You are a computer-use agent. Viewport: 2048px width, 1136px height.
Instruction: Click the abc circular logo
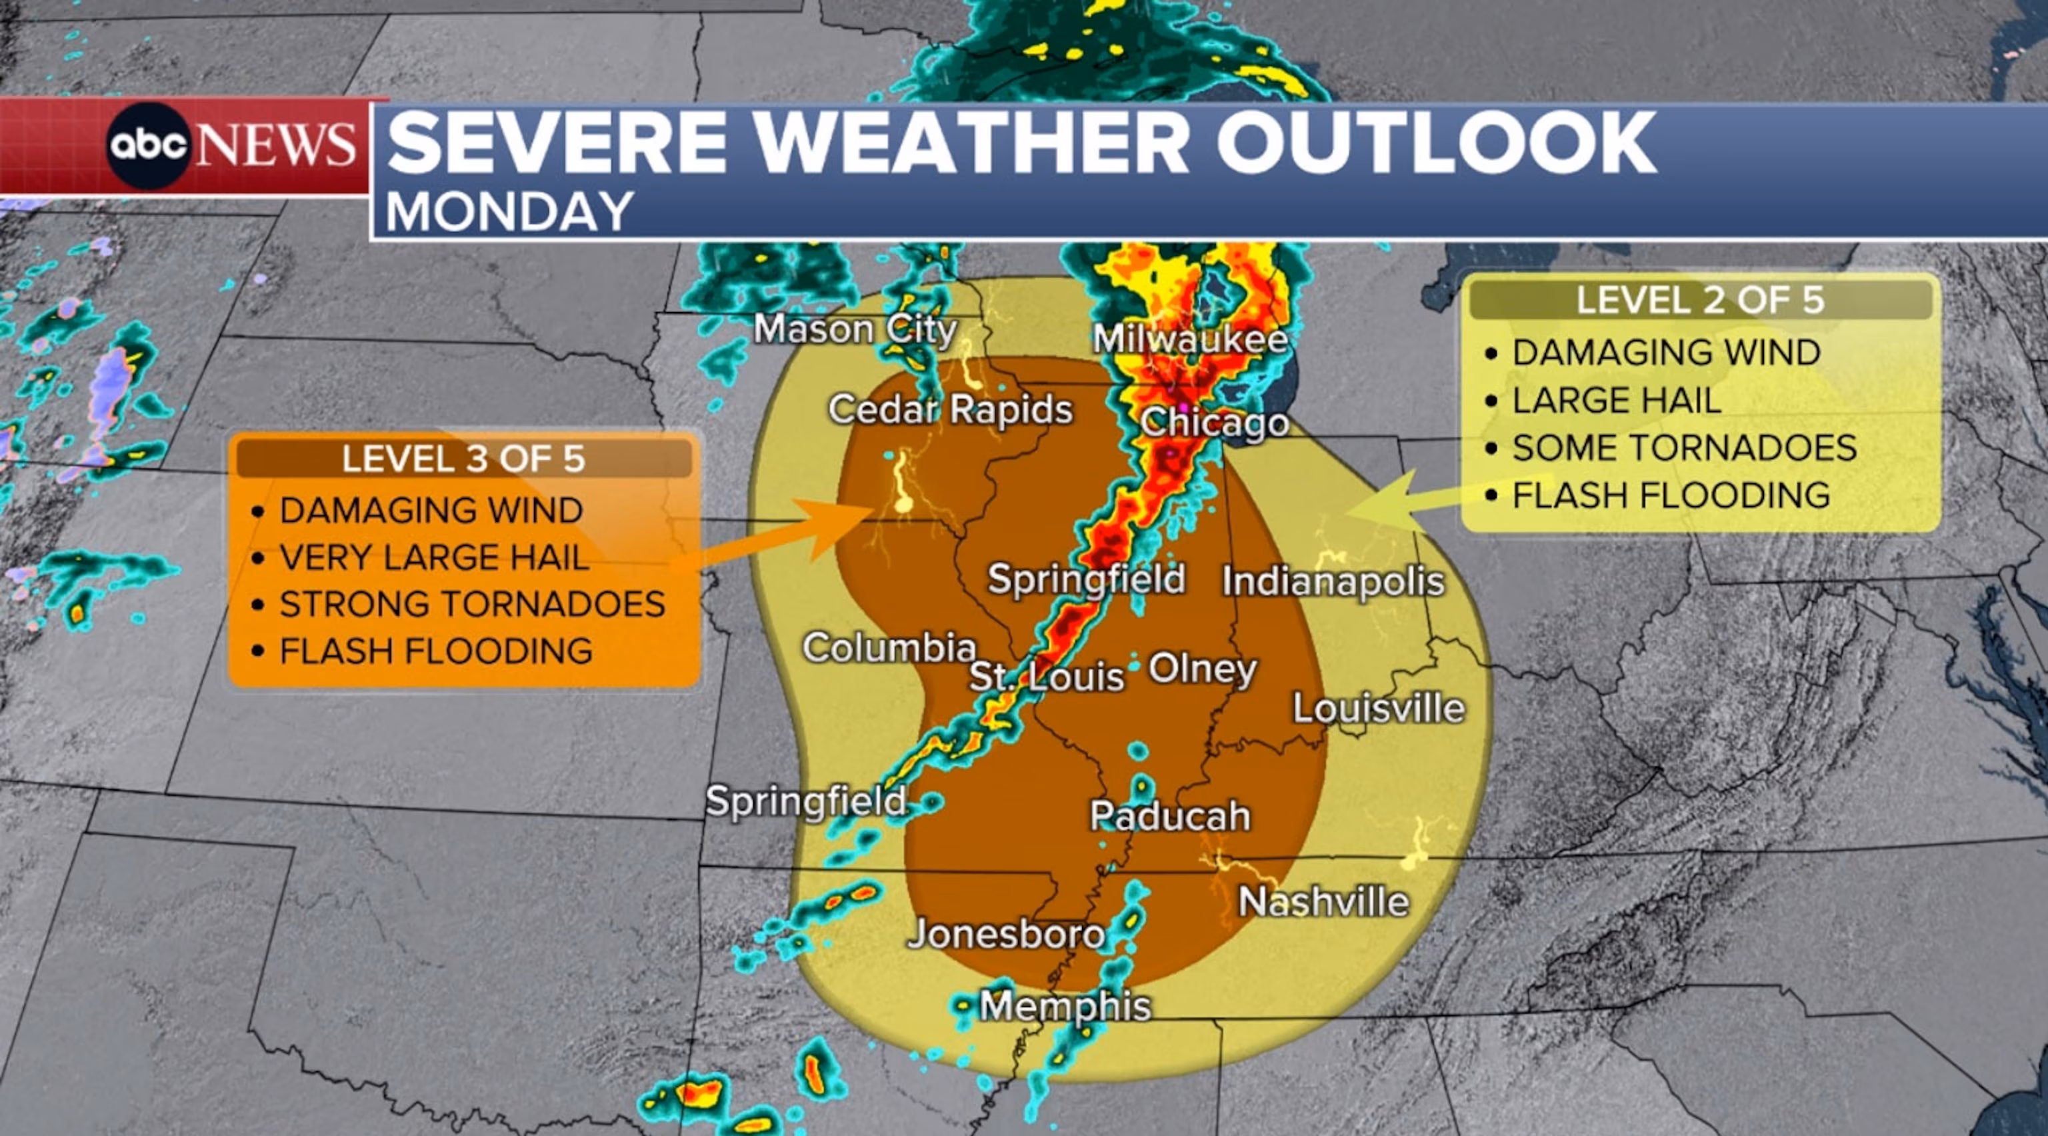149,145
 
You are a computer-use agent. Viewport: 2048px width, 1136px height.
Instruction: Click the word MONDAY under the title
509,212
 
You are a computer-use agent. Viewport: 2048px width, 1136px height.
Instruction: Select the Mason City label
855,329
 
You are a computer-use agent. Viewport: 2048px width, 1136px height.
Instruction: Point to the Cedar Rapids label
950,409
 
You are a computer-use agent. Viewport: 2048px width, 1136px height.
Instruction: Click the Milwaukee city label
1190,339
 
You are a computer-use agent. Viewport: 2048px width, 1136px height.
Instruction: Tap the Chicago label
1214,422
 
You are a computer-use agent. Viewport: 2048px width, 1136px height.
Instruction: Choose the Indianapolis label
1333,581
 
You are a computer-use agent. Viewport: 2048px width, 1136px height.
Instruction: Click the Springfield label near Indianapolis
1086,578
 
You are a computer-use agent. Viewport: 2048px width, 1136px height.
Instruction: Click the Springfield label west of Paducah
806,801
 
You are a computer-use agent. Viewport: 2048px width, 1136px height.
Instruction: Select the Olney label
1202,669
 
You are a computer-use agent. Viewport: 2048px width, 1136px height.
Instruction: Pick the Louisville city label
1378,708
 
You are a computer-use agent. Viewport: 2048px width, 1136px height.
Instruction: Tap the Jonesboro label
1007,933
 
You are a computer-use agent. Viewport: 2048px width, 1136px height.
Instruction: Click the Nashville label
1324,901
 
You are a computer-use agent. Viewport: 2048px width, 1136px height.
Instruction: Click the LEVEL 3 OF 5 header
463,459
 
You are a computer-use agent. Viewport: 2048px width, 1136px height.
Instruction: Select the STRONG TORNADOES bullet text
472,604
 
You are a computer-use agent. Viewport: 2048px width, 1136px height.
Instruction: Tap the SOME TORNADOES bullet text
1684,447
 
